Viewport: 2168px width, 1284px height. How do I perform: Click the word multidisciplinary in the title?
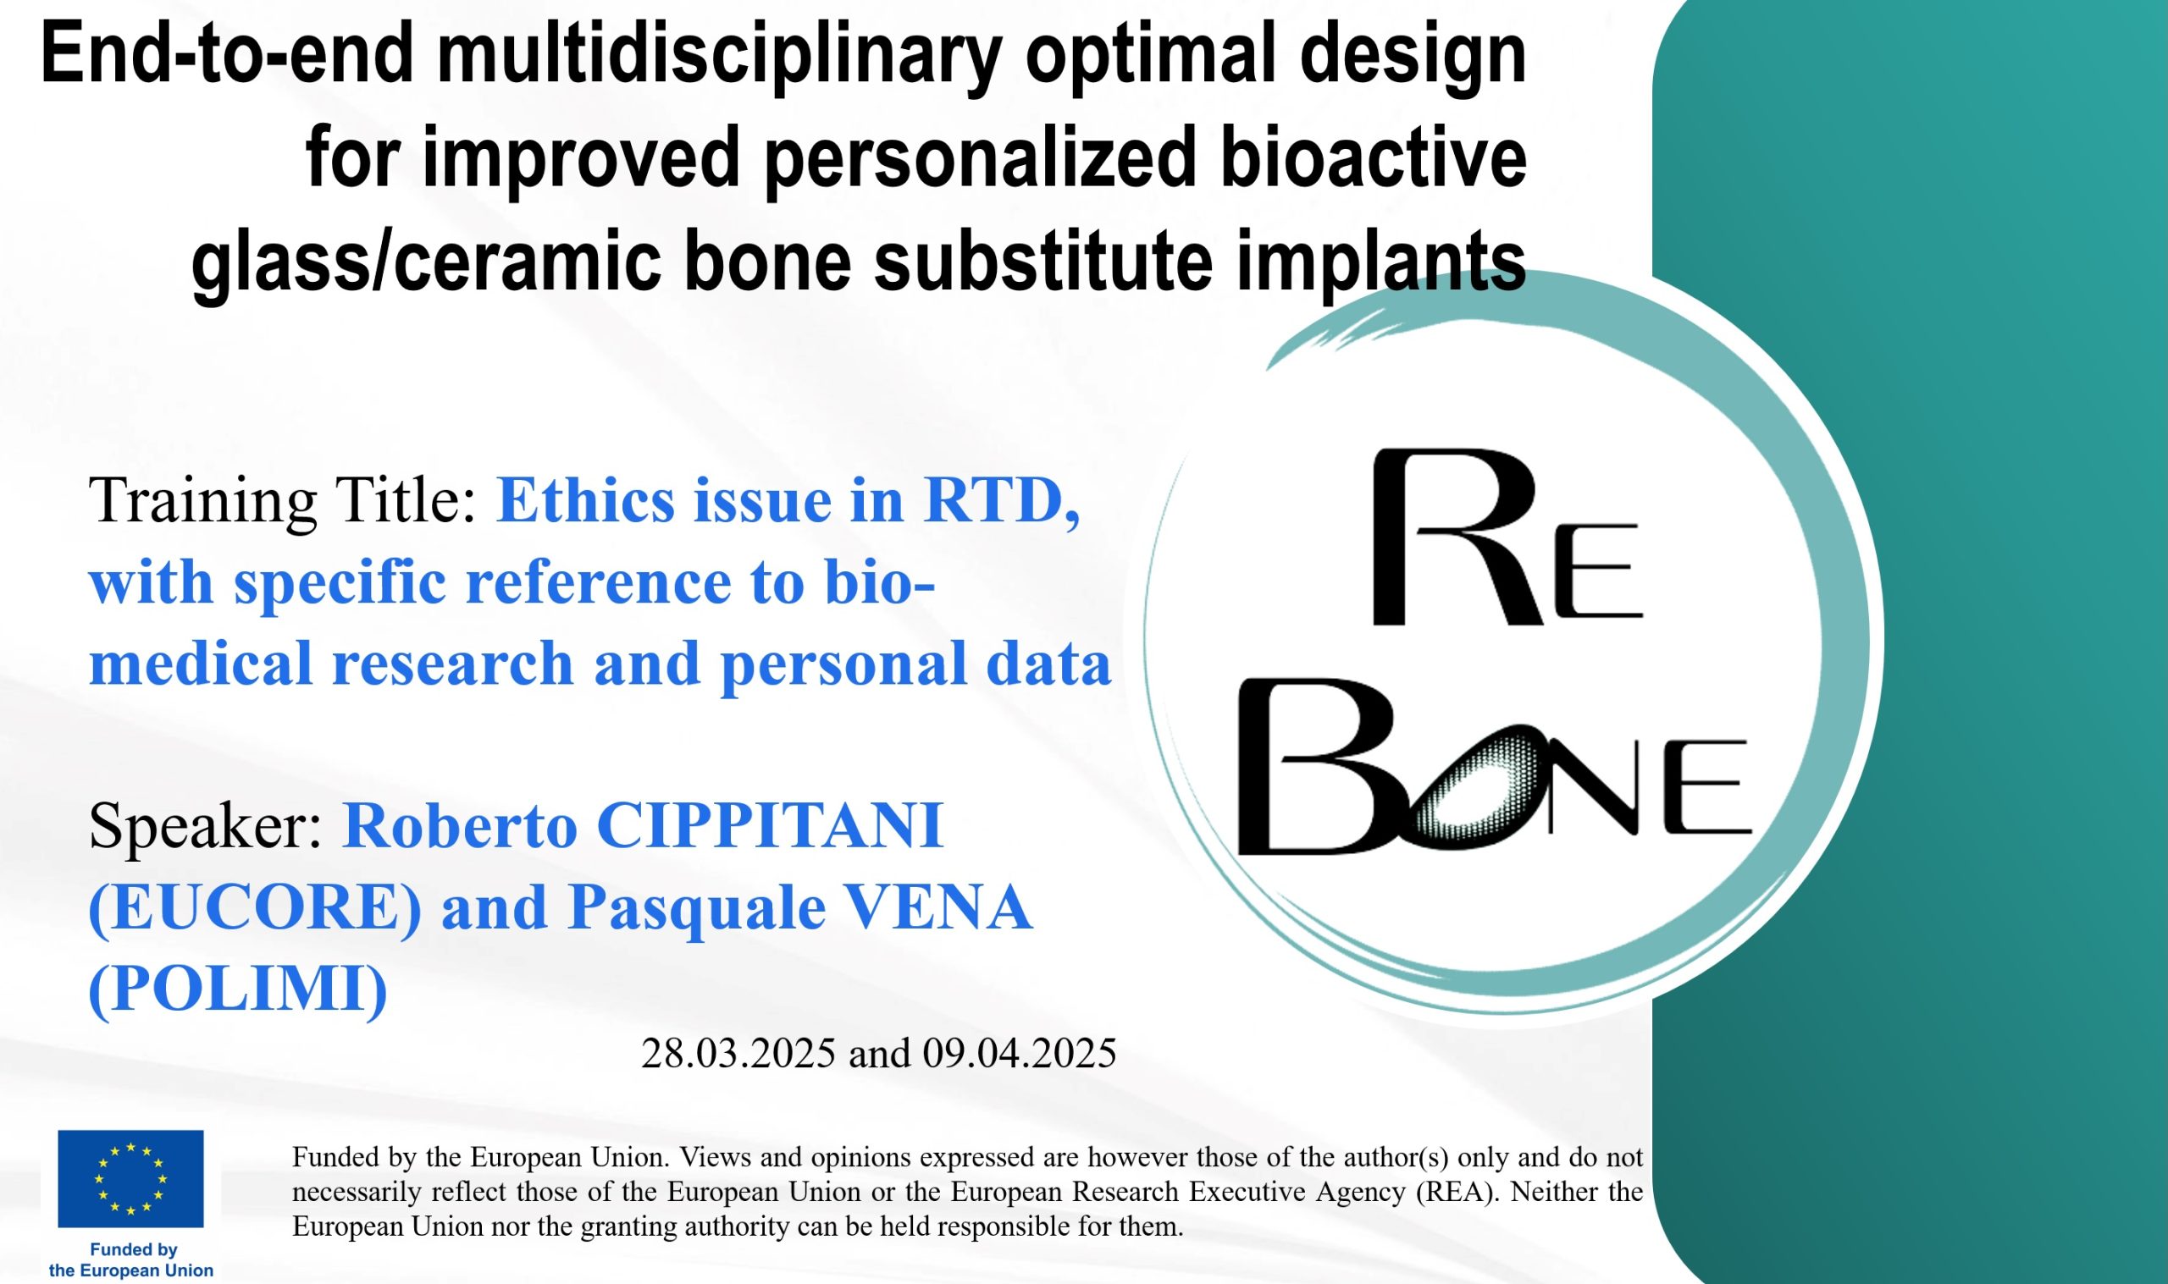click(719, 58)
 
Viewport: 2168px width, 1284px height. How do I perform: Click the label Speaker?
click(206, 826)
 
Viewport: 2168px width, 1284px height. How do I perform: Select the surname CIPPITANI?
click(770, 825)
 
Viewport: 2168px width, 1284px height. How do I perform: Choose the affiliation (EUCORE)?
click(255, 907)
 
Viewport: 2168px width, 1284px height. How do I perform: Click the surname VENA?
click(937, 907)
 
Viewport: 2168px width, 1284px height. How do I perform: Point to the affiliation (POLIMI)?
click(238, 988)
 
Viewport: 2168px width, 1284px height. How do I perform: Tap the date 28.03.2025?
click(738, 1053)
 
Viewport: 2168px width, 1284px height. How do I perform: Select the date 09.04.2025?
click(1020, 1053)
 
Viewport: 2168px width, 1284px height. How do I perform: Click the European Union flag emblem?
click(130, 1178)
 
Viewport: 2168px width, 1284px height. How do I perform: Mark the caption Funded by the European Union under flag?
click(131, 1259)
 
